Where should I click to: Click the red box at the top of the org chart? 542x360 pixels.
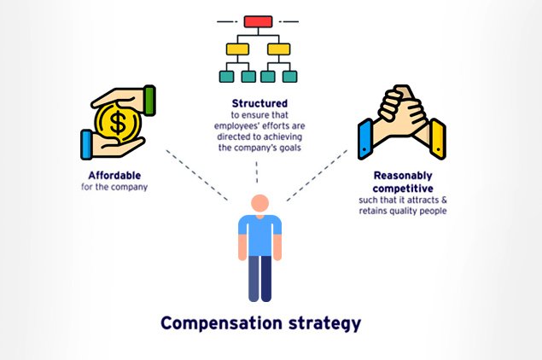(257, 20)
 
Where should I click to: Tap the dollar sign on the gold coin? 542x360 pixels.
(118, 123)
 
